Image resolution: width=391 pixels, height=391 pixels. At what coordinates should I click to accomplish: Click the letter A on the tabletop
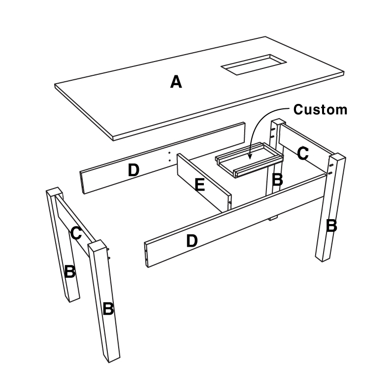(176, 81)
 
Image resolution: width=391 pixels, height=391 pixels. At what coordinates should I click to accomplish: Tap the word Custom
(320, 109)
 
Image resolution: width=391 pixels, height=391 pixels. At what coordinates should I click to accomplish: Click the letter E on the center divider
(199, 185)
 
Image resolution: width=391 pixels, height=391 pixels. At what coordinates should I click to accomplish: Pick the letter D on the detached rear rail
(133, 170)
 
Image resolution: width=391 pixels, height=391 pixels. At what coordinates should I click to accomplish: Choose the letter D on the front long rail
(192, 241)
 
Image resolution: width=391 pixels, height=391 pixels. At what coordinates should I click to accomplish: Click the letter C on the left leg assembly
(76, 232)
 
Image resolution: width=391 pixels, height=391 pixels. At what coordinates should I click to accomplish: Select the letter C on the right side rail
(303, 153)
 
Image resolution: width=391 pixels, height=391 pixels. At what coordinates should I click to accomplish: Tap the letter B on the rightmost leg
(331, 226)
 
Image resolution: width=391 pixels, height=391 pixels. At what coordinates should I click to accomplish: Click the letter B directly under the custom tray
(277, 180)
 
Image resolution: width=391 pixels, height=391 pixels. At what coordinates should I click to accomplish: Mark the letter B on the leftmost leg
(70, 271)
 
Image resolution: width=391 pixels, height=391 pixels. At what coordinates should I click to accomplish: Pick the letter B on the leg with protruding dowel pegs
(108, 309)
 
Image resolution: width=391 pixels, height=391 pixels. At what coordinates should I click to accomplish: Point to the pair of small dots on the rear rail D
(169, 157)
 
